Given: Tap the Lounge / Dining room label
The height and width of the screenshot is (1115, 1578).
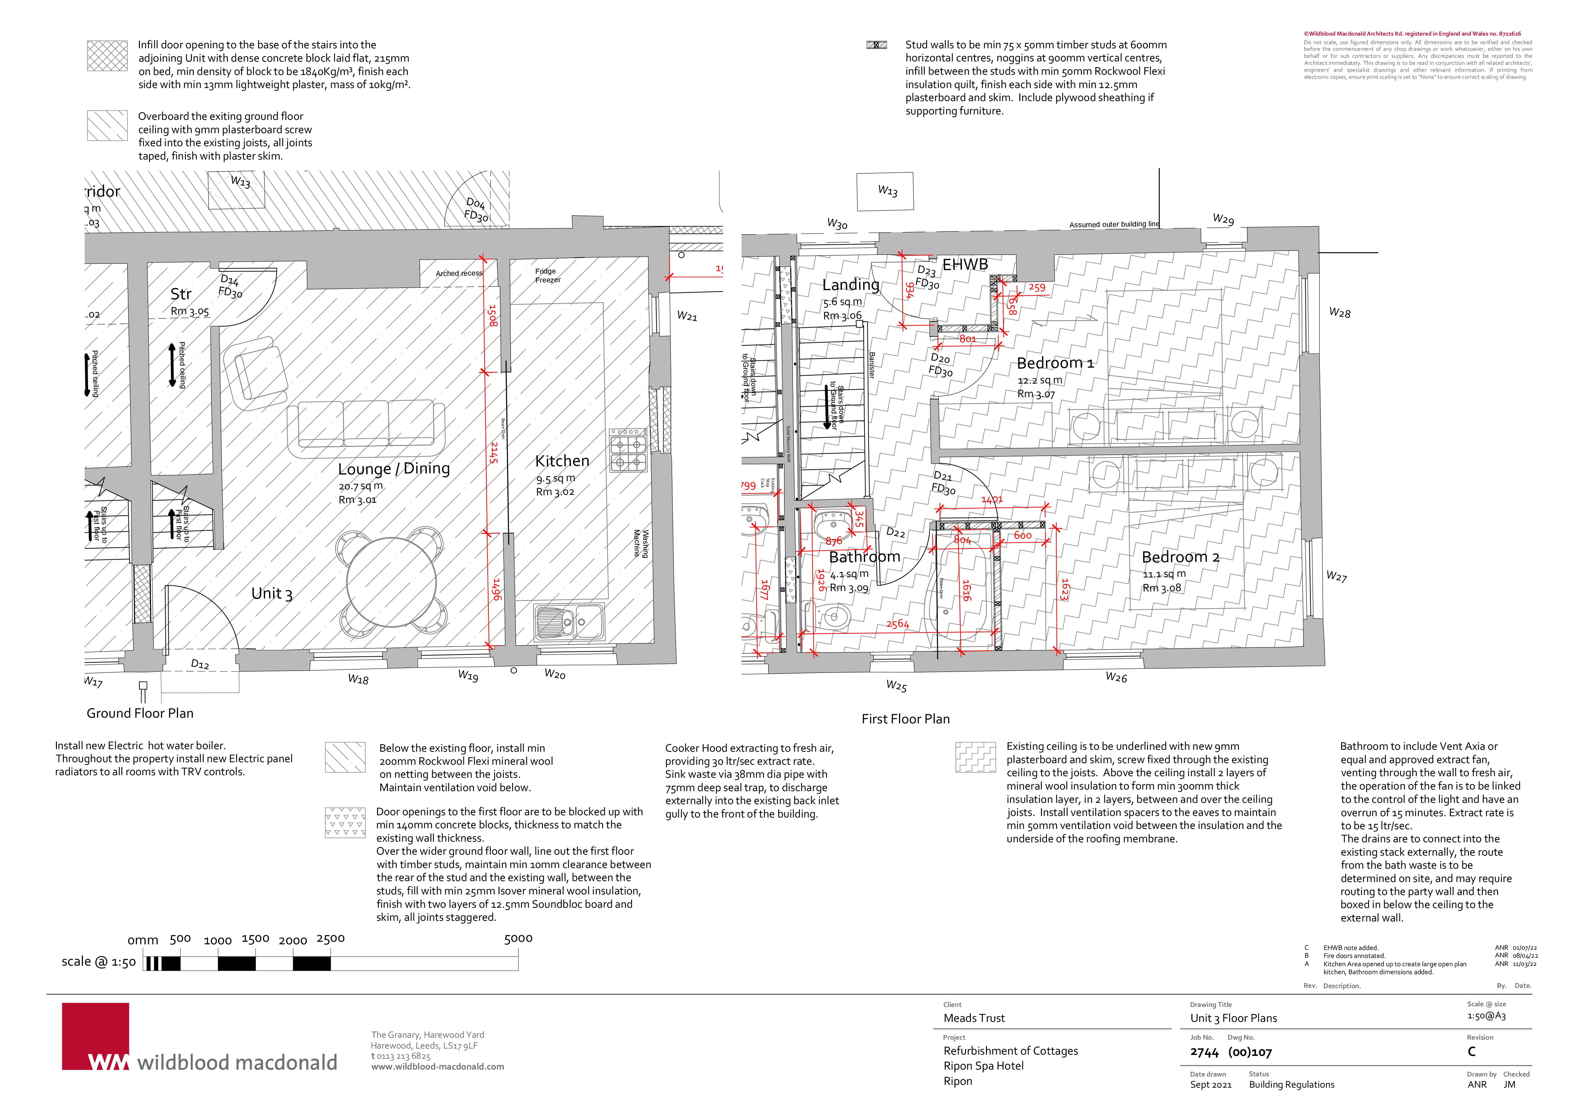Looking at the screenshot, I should point(394,469).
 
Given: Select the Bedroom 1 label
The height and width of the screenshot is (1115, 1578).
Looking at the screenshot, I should point(1055,363).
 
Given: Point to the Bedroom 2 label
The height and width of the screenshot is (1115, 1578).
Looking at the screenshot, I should point(1180,557).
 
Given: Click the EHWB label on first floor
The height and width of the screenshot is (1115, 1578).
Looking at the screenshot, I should point(965,264).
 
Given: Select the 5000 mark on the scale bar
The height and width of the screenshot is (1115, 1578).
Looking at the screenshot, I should point(518,939).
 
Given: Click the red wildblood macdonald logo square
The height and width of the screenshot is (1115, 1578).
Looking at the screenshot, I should point(95,1036).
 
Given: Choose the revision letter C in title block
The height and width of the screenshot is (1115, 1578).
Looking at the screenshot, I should point(1471,1052).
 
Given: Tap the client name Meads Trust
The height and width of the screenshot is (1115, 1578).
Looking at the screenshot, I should point(974,1018).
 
